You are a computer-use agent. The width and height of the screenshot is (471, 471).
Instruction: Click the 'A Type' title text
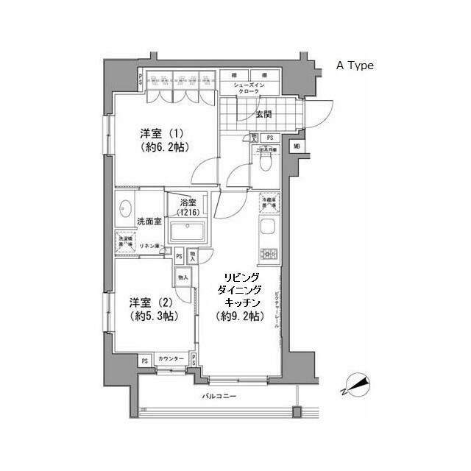[x=355, y=65]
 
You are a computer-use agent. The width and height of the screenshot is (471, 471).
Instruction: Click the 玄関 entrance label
[x=263, y=114]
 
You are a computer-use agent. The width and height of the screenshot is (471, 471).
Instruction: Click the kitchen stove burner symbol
[x=266, y=255]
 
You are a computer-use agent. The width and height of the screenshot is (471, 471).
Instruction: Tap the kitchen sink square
[x=267, y=228]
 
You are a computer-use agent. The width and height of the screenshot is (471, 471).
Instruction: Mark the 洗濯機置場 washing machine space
[x=123, y=241]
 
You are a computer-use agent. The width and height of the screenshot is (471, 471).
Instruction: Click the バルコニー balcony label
[x=219, y=397]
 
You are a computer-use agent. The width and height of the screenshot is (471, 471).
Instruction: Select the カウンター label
[x=171, y=360]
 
